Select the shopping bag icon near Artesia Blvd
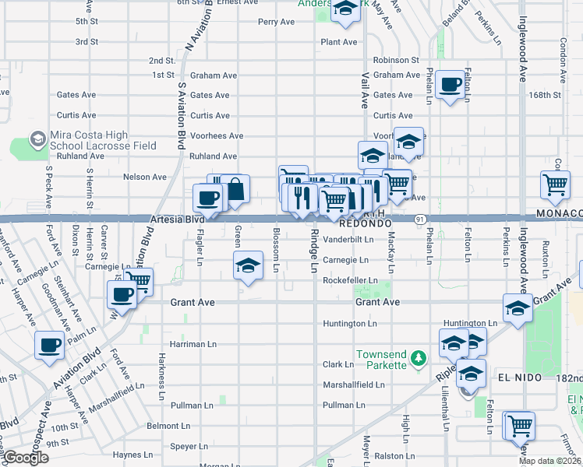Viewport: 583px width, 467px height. pyautogui.click(x=235, y=189)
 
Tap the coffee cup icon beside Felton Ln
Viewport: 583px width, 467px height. pyautogui.click(x=450, y=85)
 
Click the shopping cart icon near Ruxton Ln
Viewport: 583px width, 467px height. pyautogui.click(x=555, y=185)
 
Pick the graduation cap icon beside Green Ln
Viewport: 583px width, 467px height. pyautogui.click(x=248, y=266)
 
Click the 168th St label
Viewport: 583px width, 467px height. pyautogui.click(x=545, y=95)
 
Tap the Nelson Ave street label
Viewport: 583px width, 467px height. pyautogui.click(x=145, y=177)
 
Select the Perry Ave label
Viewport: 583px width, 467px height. pyautogui.click(x=276, y=22)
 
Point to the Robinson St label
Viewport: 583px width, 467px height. pyautogui.click(x=396, y=60)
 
